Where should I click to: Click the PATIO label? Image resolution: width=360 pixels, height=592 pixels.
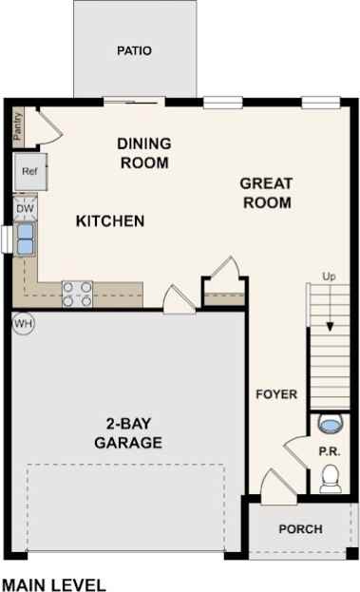(x=135, y=50)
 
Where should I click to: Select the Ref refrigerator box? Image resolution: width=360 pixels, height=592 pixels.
(x=28, y=172)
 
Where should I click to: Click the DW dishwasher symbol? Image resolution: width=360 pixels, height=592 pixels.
(x=26, y=207)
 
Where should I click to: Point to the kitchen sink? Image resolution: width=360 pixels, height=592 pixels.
(x=24, y=238)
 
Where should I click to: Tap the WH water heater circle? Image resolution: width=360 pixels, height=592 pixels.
(x=24, y=324)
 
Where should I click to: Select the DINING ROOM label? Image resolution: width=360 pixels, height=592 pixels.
(x=144, y=153)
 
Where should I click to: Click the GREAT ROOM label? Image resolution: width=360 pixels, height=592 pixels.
(x=266, y=193)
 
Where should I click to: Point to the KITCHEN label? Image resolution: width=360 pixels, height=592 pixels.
(x=110, y=221)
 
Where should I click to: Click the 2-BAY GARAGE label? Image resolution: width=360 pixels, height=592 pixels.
(x=128, y=433)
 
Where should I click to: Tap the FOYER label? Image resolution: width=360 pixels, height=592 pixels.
(x=276, y=394)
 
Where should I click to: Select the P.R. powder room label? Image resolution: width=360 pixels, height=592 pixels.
(x=328, y=452)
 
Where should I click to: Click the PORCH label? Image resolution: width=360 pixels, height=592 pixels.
(x=300, y=529)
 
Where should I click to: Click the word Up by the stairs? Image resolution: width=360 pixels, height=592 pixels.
(x=330, y=277)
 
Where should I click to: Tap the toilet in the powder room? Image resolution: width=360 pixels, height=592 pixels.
(x=331, y=479)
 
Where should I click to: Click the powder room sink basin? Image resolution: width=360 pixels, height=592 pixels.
(x=331, y=422)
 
